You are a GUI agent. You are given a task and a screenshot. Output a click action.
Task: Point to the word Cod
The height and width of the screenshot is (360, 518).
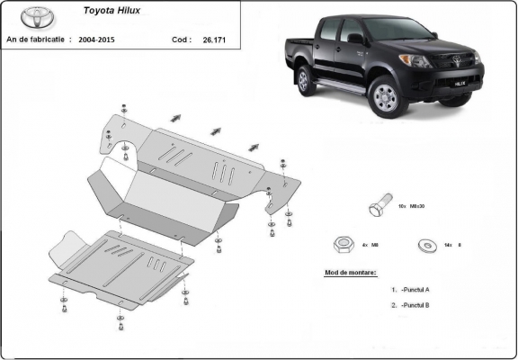coord(181,40)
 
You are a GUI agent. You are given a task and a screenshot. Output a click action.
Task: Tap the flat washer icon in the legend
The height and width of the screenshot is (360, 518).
coord(423,244)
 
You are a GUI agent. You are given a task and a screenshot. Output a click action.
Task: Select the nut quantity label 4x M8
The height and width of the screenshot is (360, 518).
coord(369,244)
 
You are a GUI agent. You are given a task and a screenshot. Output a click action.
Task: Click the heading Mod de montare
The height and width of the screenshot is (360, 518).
coord(351,272)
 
